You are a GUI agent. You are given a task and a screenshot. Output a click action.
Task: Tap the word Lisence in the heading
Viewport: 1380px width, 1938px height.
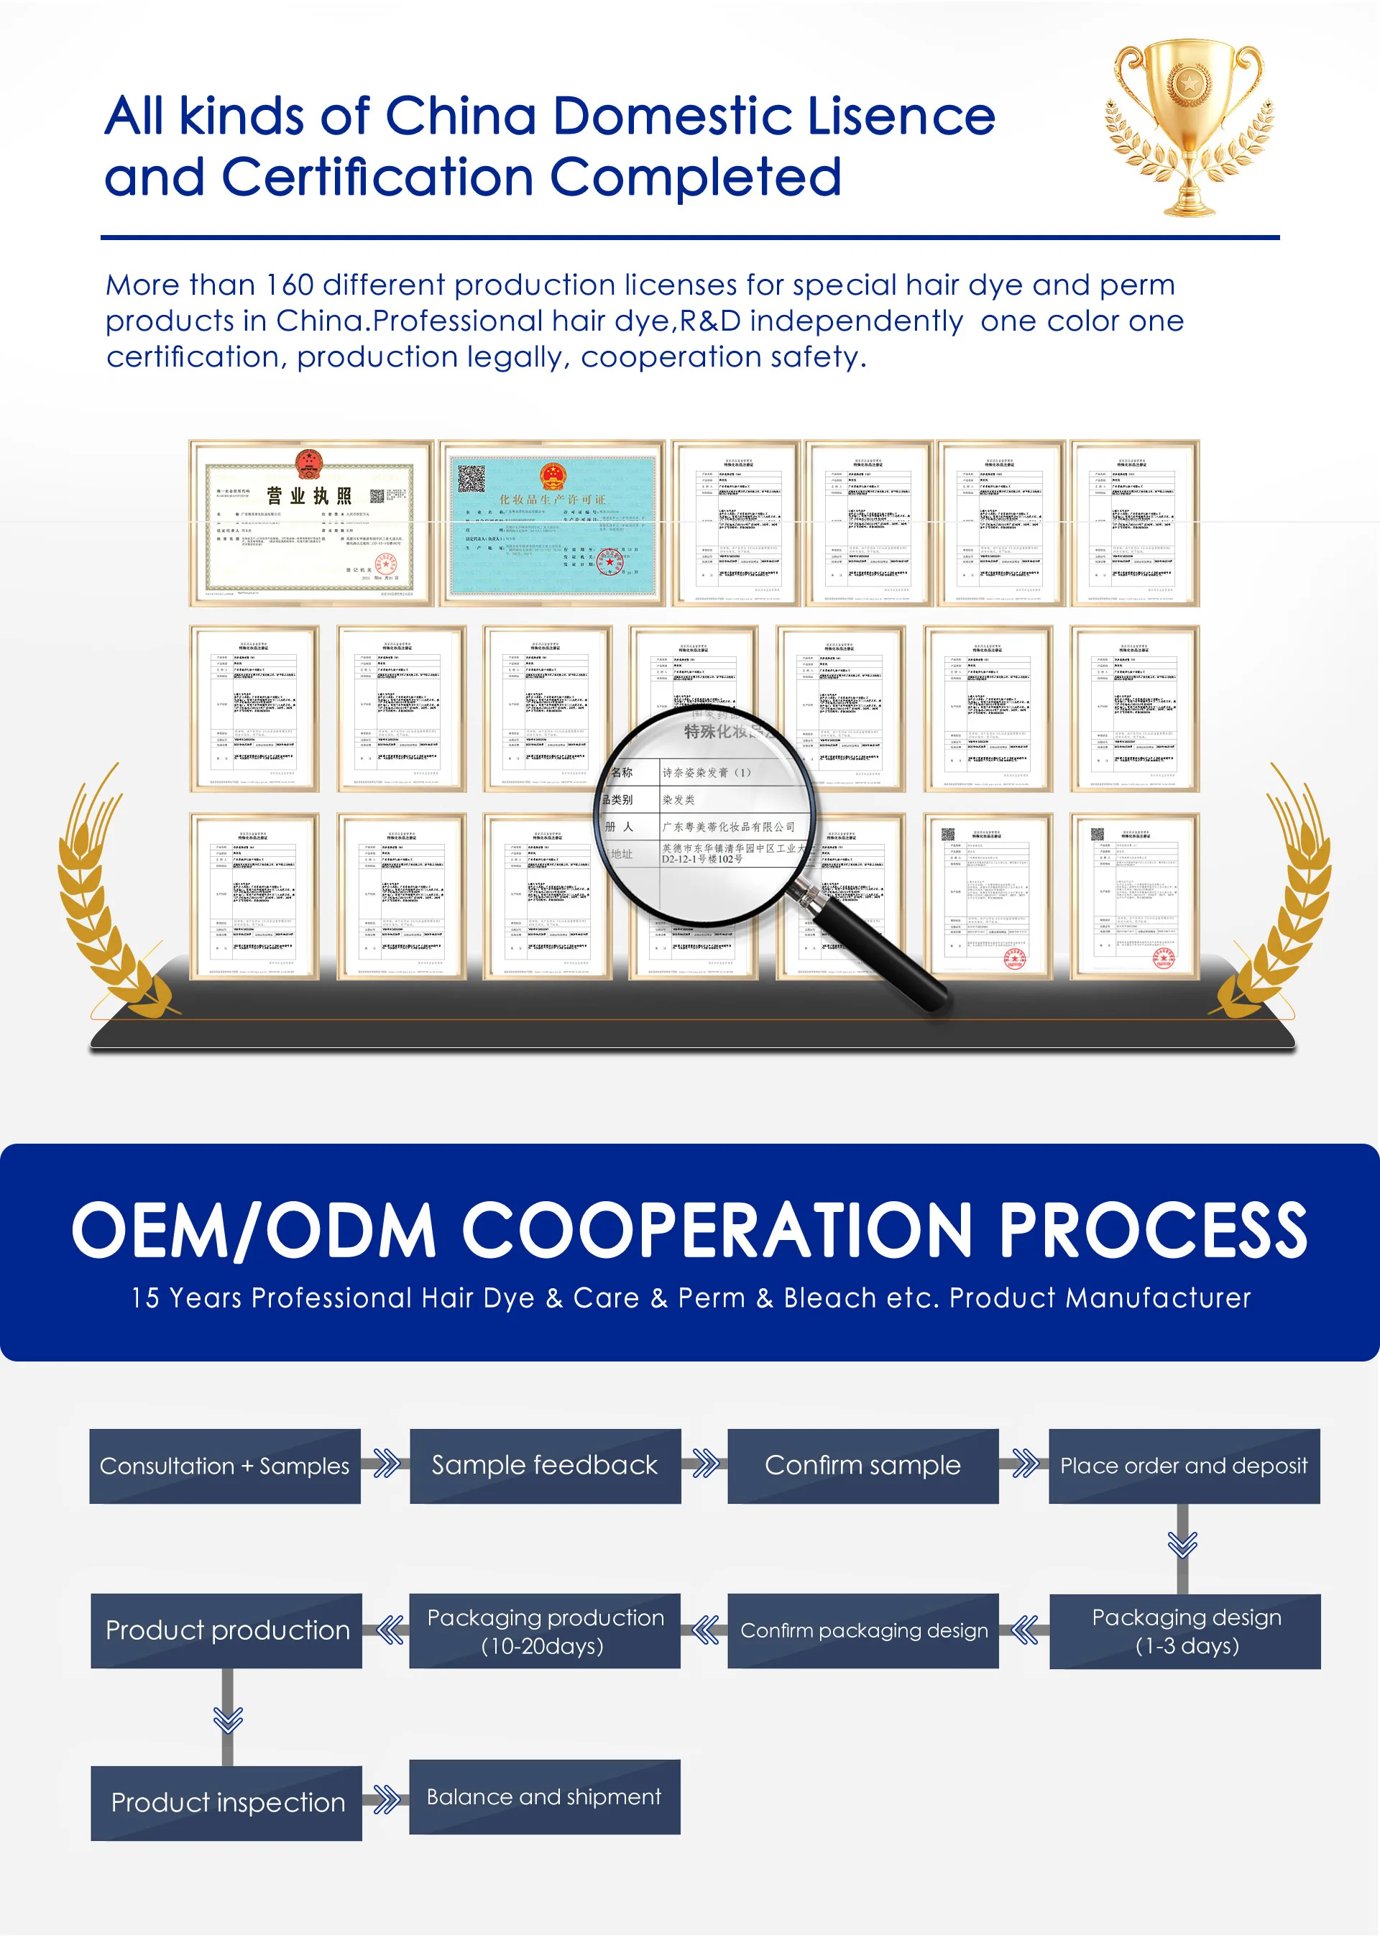pos(901,116)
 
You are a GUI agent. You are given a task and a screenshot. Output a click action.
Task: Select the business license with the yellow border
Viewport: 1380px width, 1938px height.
pos(311,523)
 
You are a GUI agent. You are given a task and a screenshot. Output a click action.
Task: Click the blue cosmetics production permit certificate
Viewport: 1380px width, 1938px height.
pos(552,523)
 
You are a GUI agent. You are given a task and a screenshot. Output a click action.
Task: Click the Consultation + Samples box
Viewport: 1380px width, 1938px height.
pos(225,1466)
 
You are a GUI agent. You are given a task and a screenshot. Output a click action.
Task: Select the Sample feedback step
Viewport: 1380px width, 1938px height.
pos(545,1466)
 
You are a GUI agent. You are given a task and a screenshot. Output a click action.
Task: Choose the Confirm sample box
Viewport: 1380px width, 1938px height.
pos(862,1466)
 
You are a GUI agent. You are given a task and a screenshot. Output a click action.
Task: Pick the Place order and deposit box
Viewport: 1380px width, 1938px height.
pos(1184,1466)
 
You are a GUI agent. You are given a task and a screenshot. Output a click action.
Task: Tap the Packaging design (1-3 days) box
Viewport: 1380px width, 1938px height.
pos(1185,1630)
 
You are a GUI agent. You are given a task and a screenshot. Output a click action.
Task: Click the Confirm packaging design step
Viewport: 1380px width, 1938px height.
pos(863,1630)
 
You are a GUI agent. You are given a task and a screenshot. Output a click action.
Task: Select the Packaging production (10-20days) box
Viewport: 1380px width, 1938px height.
pos(545,1630)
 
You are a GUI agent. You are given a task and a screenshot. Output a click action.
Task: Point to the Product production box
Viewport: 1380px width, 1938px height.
pos(227,1630)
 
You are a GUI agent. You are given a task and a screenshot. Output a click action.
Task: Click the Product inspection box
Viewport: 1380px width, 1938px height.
pos(227,1802)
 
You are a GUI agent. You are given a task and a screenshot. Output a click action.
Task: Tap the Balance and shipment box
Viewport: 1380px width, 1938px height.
pos(544,1797)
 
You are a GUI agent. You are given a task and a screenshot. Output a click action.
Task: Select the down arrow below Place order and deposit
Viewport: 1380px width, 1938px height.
pos(1182,1545)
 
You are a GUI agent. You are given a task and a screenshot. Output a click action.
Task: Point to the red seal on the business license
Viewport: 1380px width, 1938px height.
pos(386,564)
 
